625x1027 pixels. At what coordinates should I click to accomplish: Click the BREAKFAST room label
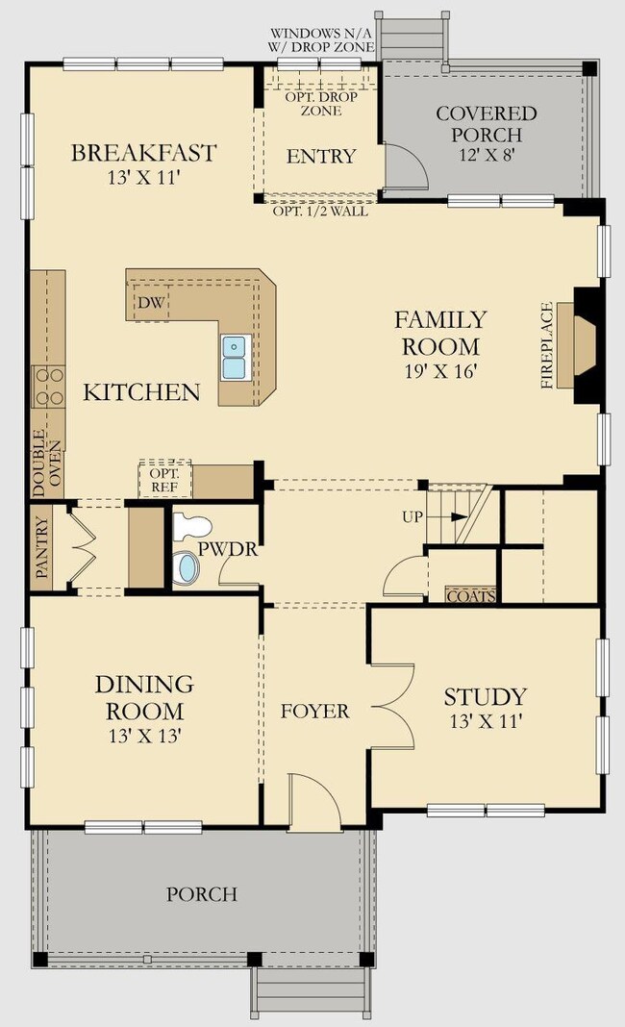click(143, 153)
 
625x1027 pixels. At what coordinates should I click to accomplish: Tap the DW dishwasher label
click(151, 303)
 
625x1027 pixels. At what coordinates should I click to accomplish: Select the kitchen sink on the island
click(234, 357)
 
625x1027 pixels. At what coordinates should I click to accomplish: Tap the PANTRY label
click(42, 547)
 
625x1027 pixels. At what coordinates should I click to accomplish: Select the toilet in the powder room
click(192, 527)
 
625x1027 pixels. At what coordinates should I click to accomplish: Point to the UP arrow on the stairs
click(459, 516)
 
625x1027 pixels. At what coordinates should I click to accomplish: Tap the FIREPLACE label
click(547, 345)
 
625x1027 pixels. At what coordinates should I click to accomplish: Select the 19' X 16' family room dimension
click(440, 371)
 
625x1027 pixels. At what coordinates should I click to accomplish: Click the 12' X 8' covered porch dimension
click(487, 157)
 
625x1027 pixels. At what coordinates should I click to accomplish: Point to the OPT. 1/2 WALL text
click(320, 212)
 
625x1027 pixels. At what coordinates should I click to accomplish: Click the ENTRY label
click(321, 156)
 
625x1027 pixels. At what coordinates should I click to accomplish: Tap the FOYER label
click(315, 712)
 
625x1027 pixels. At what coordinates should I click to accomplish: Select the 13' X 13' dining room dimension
click(145, 737)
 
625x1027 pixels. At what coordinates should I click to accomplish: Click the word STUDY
click(486, 696)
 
